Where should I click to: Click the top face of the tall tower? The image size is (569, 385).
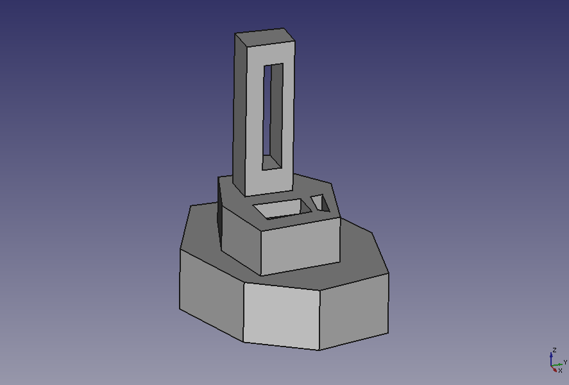[x=265, y=37]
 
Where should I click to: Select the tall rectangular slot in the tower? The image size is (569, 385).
[x=273, y=117]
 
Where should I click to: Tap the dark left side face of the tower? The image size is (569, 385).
[x=240, y=113]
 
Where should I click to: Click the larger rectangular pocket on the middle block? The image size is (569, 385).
[x=282, y=209]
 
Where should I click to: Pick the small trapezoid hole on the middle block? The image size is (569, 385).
[x=320, y=203]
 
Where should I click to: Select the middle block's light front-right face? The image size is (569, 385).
[x=300, y=246]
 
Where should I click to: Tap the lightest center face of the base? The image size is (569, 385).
[x=282, y=316]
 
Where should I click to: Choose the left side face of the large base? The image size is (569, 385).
[x=211, y=295]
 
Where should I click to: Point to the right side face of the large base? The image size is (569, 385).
[x=354, y=311]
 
